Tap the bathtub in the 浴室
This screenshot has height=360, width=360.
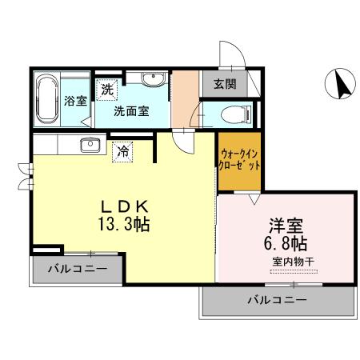(47, 98)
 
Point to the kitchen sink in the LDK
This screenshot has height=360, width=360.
(90, 145)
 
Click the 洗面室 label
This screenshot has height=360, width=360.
(130, 111)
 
